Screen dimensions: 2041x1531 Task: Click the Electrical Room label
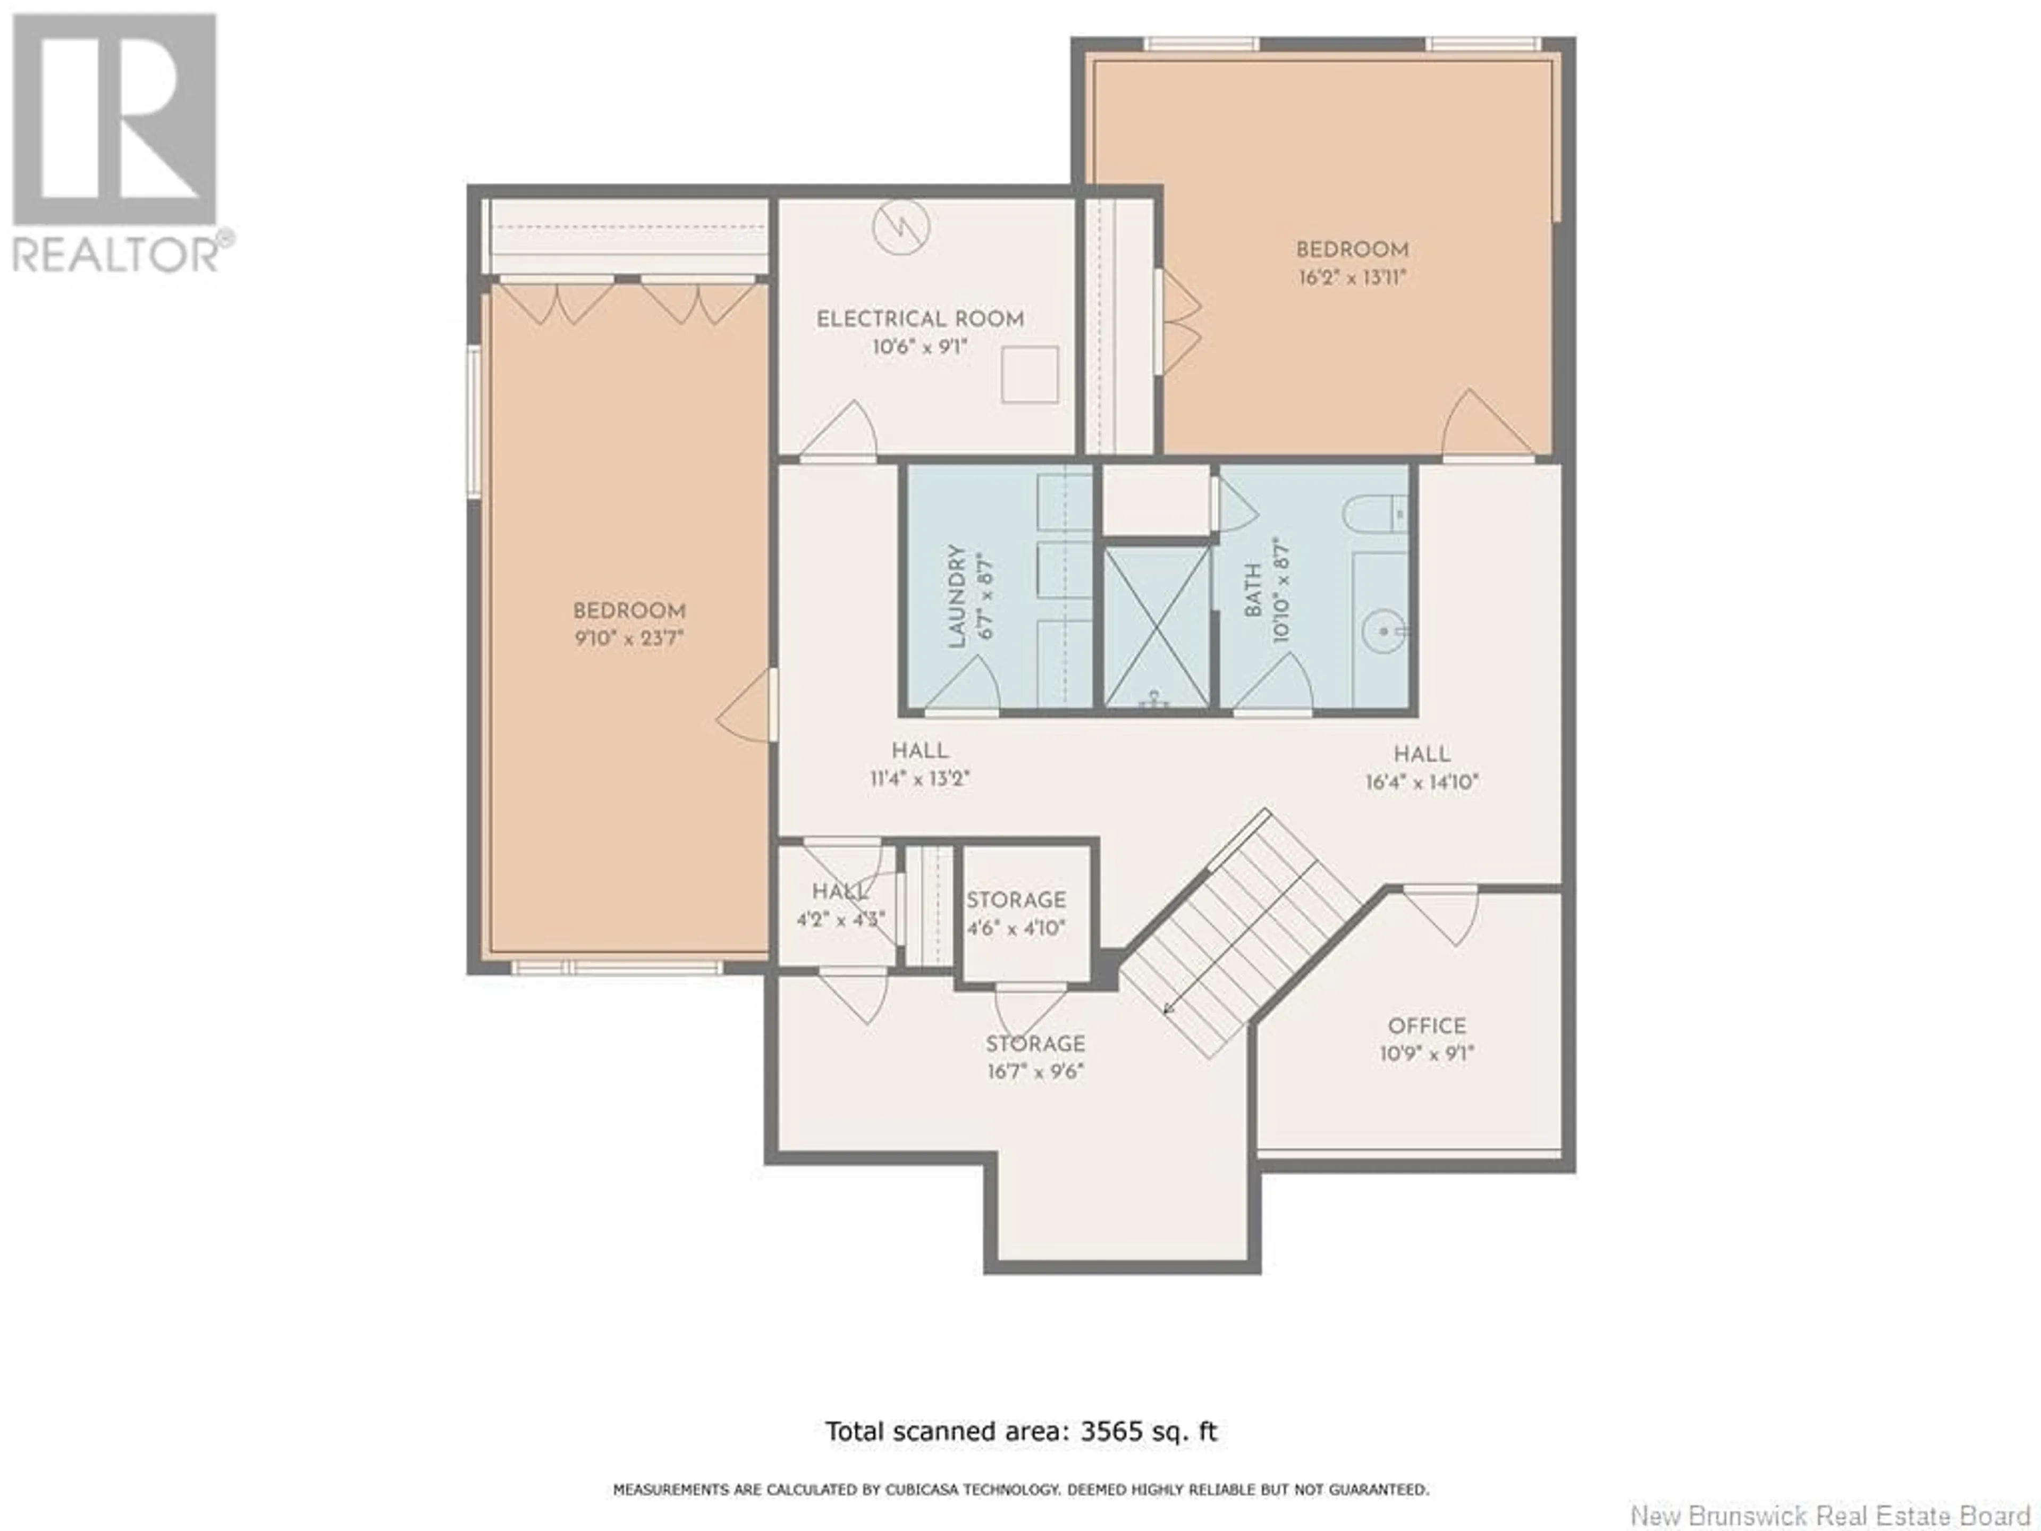point(920,319)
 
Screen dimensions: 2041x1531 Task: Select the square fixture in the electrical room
point(1030,374)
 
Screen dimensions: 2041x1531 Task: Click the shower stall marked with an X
point(1157,627)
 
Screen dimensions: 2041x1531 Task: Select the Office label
point(1427,1026)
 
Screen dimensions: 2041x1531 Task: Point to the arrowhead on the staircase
point(1168,1007)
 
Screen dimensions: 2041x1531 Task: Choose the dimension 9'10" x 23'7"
point(628,638)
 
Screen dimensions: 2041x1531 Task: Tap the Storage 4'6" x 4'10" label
point(1016,914)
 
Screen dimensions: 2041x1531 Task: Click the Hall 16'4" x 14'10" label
point(1422,768)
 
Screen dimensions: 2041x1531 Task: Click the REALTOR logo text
point(117,254)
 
